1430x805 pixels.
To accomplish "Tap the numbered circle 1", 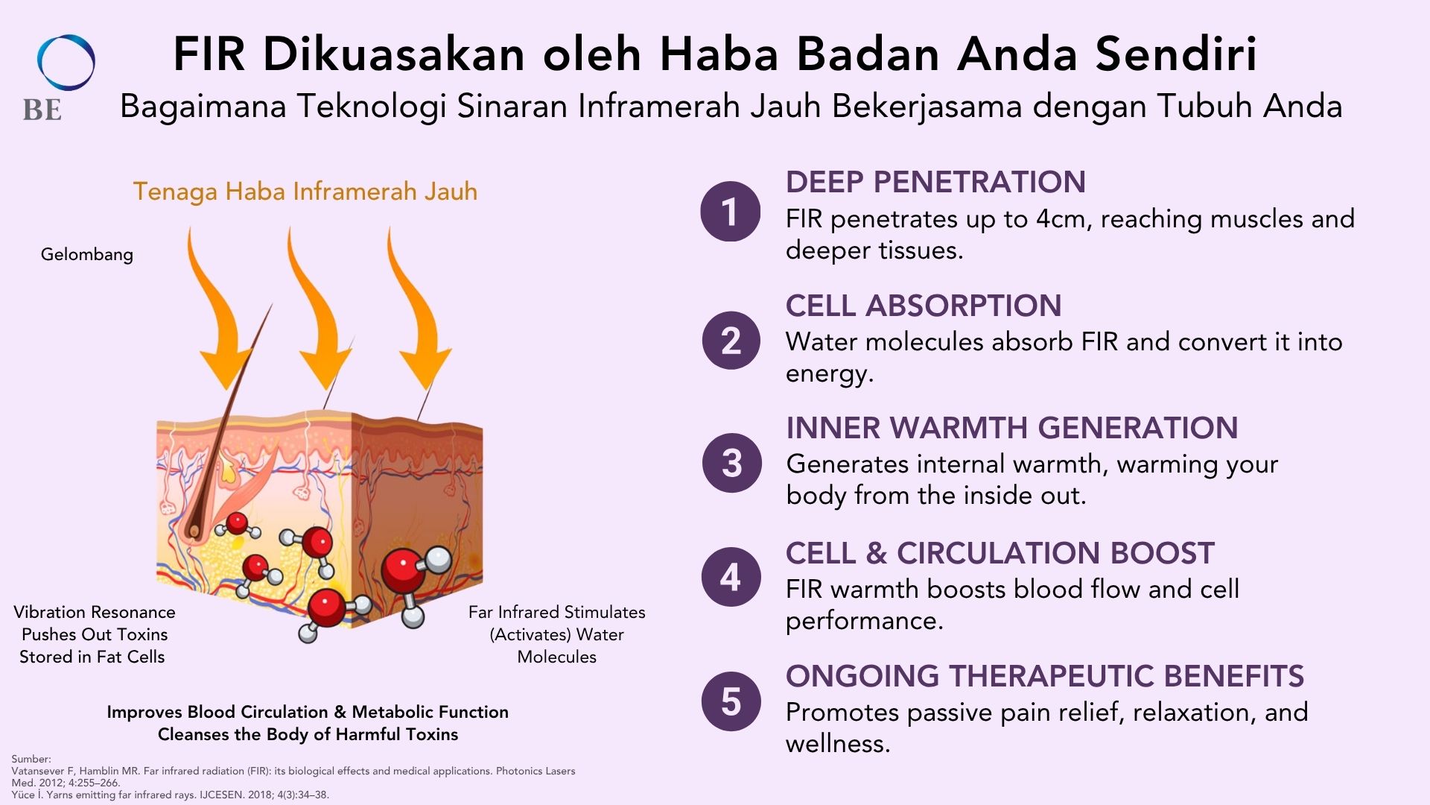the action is [x=731, y=212].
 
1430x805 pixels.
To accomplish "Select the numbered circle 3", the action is [x=732, y=463].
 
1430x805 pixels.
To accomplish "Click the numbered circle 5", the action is [x=731, y=701].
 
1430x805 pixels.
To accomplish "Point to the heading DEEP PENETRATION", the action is [x=935, y=182].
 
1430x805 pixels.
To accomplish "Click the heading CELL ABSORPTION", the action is [x=924, y=306].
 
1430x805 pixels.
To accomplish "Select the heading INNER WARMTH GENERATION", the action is [x=1012, y=428].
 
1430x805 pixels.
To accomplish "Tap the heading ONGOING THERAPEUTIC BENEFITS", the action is [x=1045, y=676].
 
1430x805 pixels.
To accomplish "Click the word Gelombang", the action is [x=87, y=255].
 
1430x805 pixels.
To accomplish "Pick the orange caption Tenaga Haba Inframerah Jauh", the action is [x=305, y=192].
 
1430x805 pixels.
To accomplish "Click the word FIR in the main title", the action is [x=209, y=54].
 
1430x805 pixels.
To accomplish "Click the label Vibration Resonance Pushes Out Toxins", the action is [x=94, y=634].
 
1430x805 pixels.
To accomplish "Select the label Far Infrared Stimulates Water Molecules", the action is [x=557, y=634].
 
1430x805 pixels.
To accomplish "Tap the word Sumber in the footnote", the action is [x=31, y=759].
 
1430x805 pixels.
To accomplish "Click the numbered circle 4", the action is [x=731, y=577].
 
